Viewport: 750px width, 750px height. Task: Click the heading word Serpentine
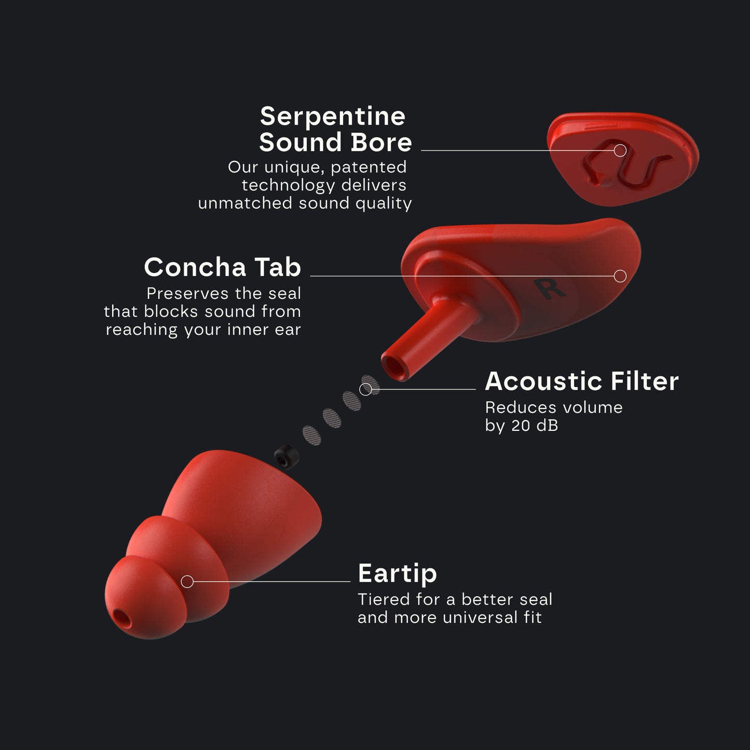(x=332, y=116)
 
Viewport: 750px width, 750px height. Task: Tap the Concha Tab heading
(x=222, y=267)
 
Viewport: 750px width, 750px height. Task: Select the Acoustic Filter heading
(x=581, y=381)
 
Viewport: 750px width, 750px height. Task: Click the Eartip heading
(x=397, y=574)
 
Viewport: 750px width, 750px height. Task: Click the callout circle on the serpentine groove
(x=620, y=151)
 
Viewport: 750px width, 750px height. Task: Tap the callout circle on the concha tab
(x=620, y=276)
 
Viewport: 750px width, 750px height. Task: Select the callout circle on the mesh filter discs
(x=366, y=389)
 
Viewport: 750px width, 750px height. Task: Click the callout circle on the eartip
(x=187, y=582)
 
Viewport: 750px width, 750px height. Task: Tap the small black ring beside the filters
(x=283, y=456)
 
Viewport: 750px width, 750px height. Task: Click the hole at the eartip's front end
(x=123, y=618)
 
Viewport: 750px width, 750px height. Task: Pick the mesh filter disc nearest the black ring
(x=311, y=434)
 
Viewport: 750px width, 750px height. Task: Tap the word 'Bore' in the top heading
(x=381, y=142)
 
